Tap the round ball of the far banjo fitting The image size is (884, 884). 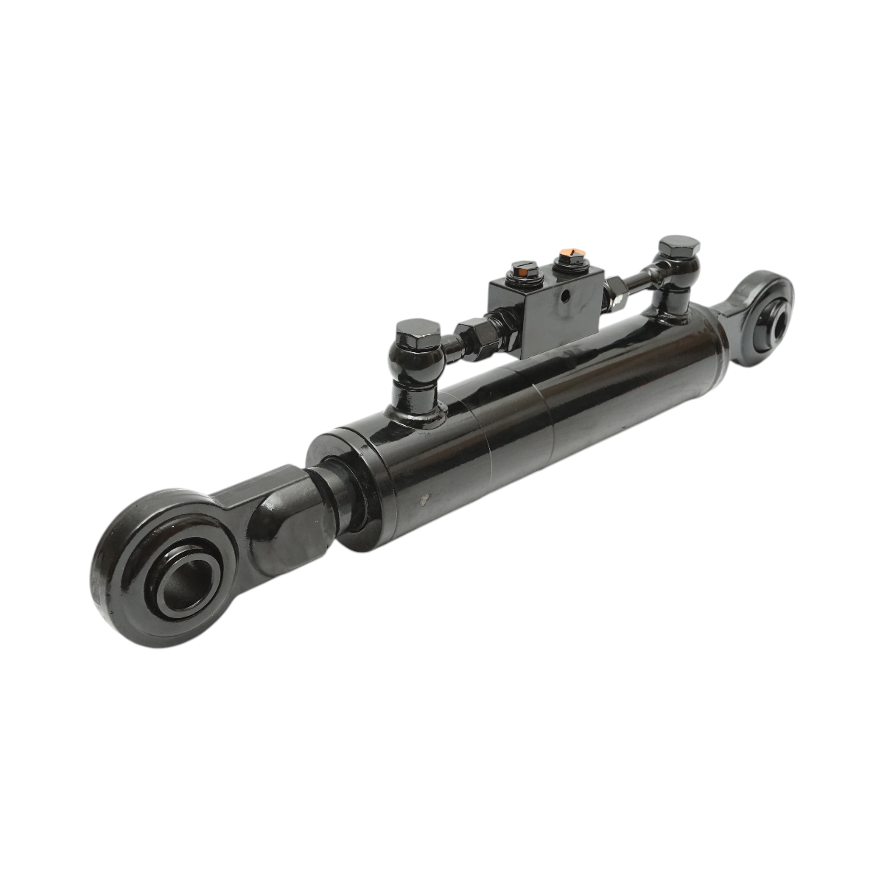click(x=672, y=278)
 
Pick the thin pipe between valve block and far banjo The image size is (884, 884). click(x=634, y=284)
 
